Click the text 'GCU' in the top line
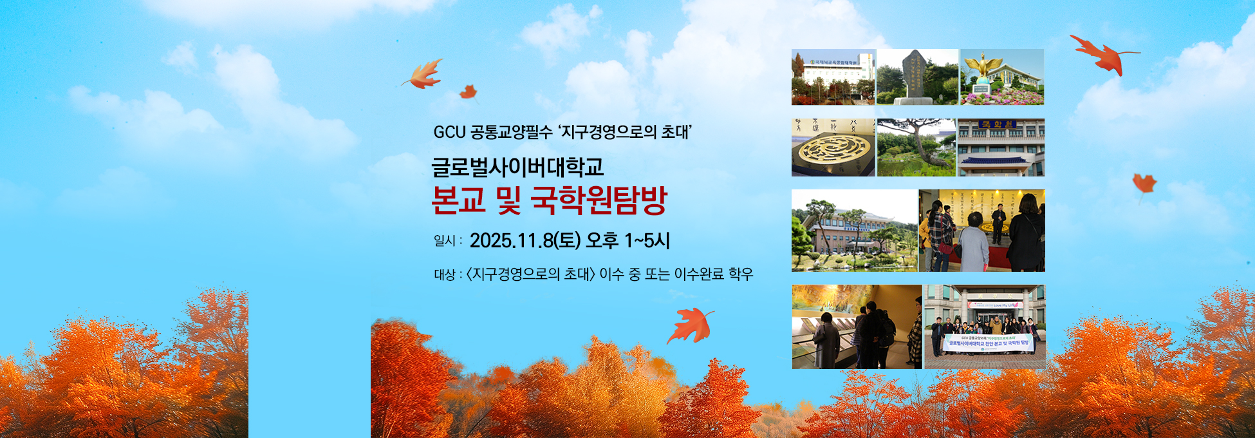click(x=449, y=133)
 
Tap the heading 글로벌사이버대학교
click(x=517, y=167)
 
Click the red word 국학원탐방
click(x=599, y=201)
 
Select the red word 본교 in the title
click(x=458, y=201)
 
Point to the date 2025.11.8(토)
click(x=525, y=241)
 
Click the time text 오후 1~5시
click(x=627, y=241)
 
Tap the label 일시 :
click(x=447, y=242)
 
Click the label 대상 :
click(x=447, y=275)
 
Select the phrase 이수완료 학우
click(x=713, y=274)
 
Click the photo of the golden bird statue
click(x=1002, y=77)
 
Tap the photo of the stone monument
click(x=916, y=77)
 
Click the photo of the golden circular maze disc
click(x=833, y=148)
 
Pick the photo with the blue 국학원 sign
click(x=1001, y=148)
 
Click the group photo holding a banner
click(x=985, y=327)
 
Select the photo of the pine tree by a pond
click(x=916, y=148)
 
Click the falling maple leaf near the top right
click(x=1102, y=53)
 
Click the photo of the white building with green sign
click(x=833, y=77)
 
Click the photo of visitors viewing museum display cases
click(x=857, y=327)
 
